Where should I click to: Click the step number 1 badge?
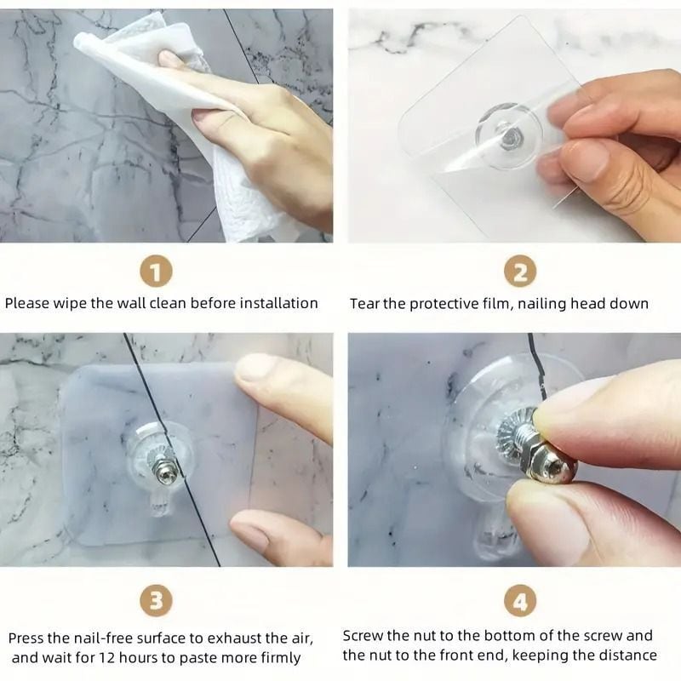click(156, 272)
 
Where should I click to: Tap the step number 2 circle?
click(520, 272)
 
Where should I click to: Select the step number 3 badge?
click(156, 601)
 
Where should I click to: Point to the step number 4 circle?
click(520, 601)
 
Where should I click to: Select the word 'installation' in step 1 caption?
click(279, 303)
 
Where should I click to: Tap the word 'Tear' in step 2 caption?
click(364, 304)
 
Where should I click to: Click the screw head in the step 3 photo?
click(166, 475)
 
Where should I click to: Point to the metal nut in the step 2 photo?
click(507, 138)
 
